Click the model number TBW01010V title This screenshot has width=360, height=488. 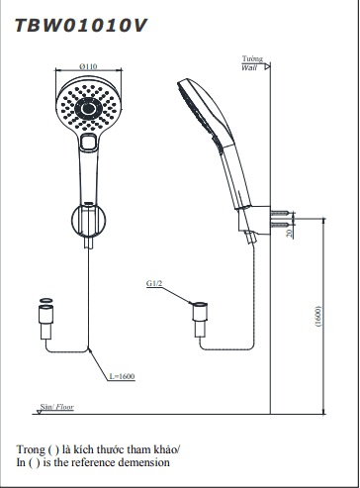click(80, 26)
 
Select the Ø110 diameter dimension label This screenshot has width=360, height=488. click(88, 66)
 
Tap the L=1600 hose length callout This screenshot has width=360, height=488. click(122, 376)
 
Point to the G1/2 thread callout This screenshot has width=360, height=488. click(154, 283)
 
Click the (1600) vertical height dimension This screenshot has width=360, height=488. click(317, 316)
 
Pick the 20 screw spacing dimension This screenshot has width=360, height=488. click(290, 234)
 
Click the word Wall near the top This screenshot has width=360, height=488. click(249, 68)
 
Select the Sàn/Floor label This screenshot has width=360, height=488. click(56, 407)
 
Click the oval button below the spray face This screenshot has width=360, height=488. click(89, 143)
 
